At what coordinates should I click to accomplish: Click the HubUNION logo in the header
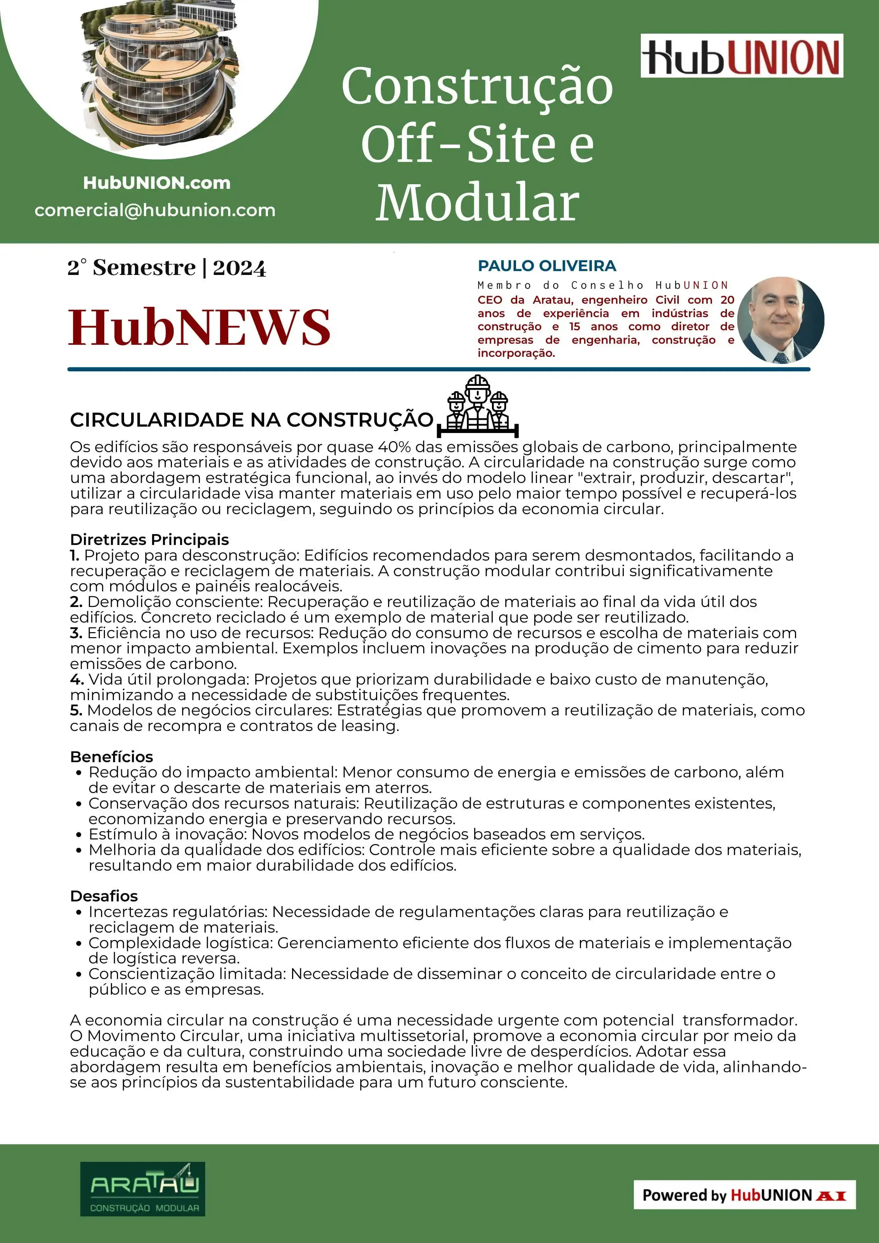pos(741,56)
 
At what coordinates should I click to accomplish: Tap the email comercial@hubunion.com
pos(155,210)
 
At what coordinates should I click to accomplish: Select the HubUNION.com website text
pos(157,183)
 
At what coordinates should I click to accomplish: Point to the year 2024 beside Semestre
pos(239,268)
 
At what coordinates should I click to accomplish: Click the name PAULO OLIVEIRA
pos(547,266)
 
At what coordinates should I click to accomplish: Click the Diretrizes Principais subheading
pos(150,539)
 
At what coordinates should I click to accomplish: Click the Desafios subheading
pos(104,896)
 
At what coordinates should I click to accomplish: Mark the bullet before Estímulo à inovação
pos(79,835)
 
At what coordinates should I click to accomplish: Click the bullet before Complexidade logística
pos(79,944)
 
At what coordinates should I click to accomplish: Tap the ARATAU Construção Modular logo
pos(142,1189)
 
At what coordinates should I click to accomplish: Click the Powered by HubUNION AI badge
pos(744,1195)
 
